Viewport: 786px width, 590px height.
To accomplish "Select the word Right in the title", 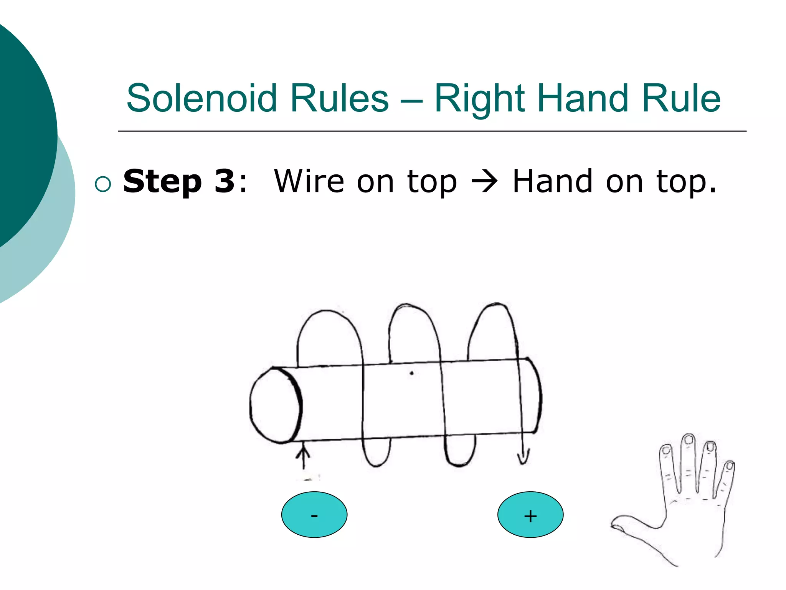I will click(x=479, y=99).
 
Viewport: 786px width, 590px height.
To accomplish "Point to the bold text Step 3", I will click(x=179, y=181).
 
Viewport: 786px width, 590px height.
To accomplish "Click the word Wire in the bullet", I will click(x=309, y=181).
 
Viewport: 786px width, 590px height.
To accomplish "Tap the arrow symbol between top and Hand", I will click(x=484, y=181).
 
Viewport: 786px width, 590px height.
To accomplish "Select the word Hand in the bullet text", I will click(x=553, y=181).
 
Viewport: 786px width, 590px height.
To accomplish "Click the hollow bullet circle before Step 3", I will click(x=103, y=184).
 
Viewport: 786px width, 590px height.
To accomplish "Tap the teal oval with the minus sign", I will click(x=314, y=514).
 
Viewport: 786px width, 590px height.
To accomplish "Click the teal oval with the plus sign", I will click(x=530, y=514).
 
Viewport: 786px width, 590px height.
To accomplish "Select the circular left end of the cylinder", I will click(x=275, y=405).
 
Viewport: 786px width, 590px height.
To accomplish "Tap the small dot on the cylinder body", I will click(x=411, y=373).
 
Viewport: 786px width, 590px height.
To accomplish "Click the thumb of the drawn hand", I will click(x=626, y=524).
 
